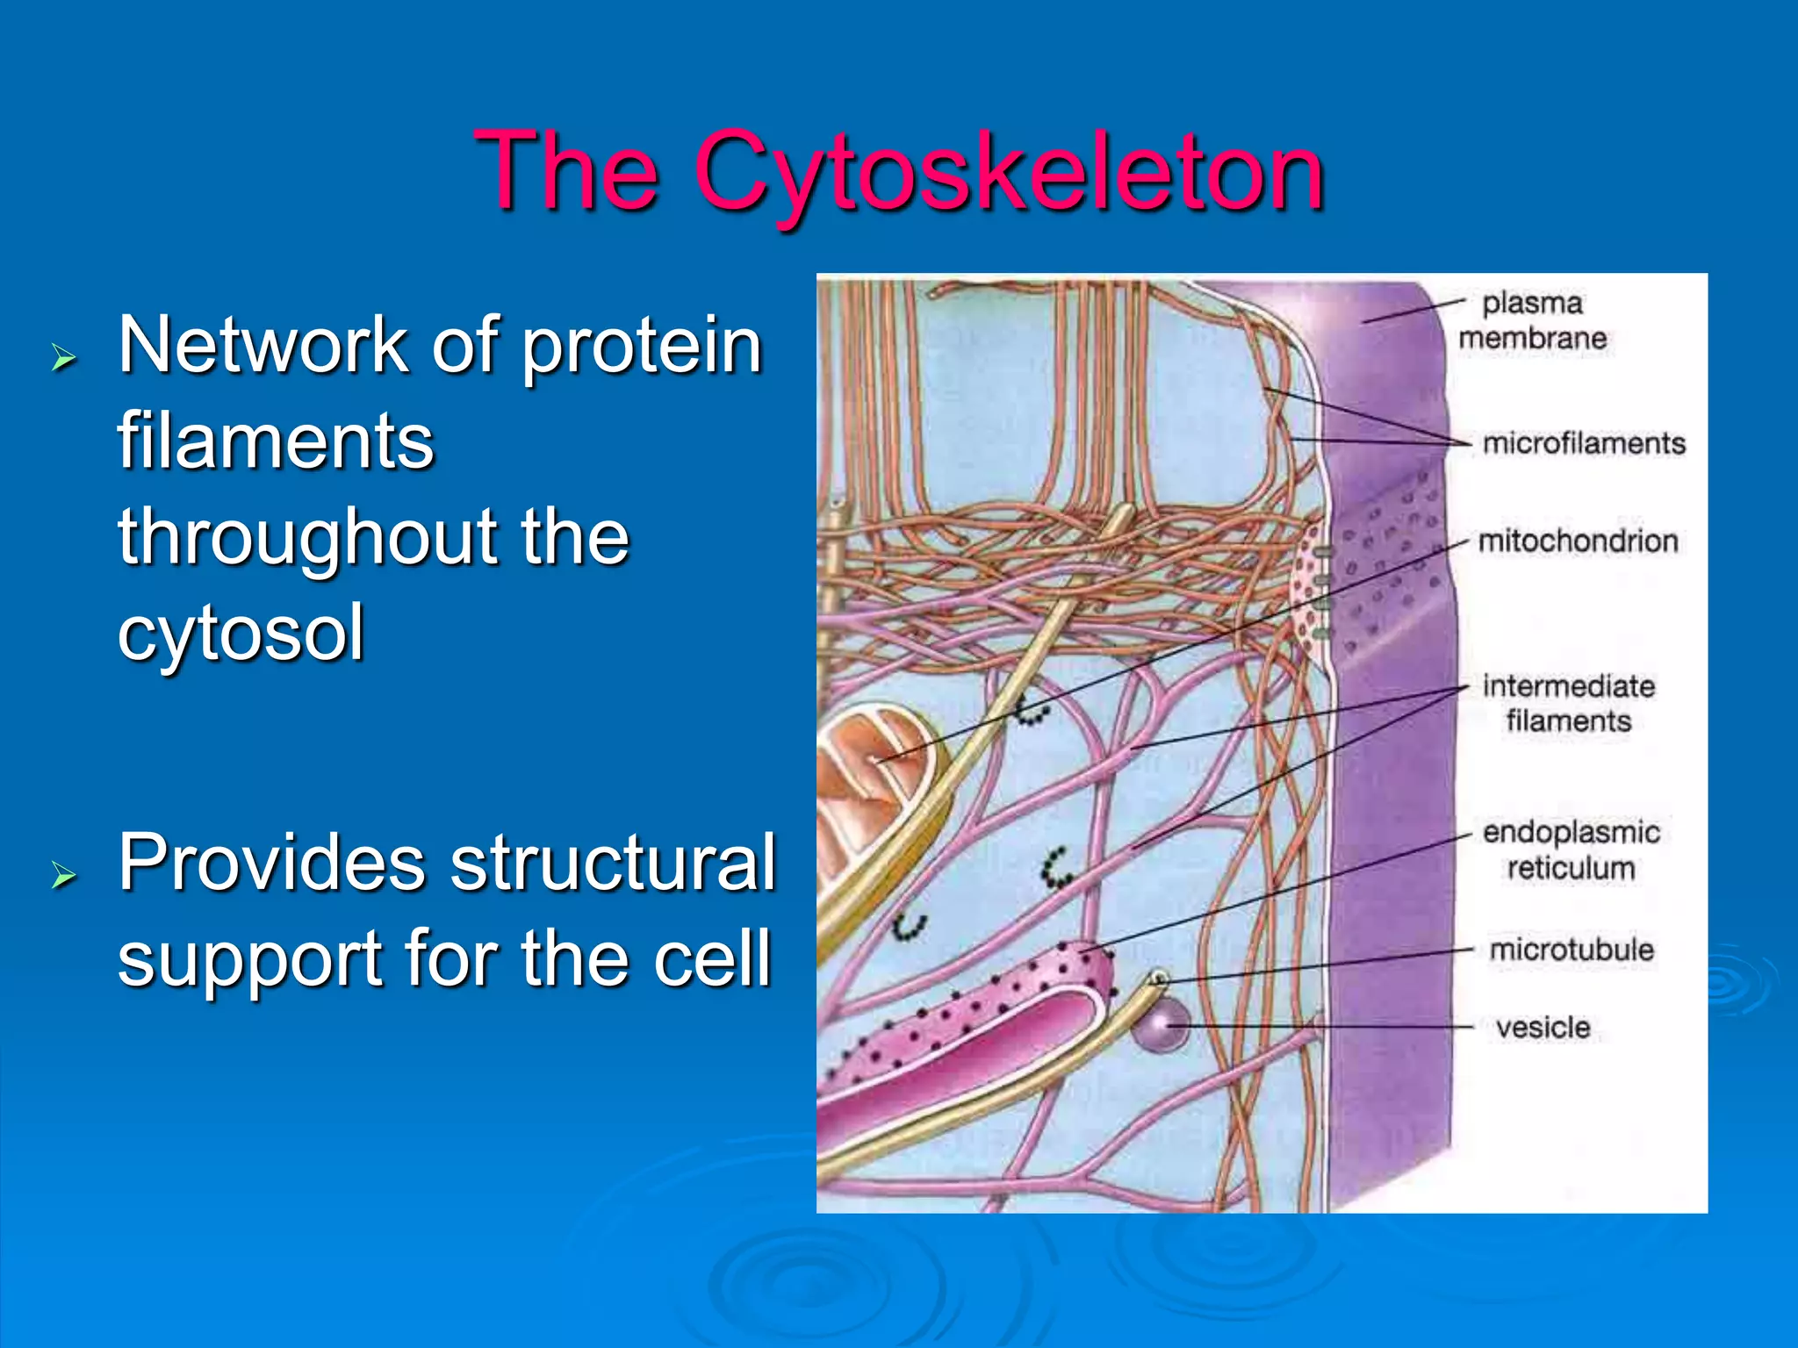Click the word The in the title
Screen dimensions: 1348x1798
click(x=566, y=171)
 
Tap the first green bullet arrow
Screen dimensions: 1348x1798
click(x=64, y=358)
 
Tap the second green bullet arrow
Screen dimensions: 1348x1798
click(x=64, y=875)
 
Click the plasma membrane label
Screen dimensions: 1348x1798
click(x=1532, y=320)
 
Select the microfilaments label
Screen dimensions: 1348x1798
click(x=1584, y=443)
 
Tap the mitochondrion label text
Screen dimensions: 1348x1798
click(x=1578, y=541)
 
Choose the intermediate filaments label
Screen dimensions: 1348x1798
click(x=1568, y=703)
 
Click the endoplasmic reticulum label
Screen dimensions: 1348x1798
click(x=1571, y=850)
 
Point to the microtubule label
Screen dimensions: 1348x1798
click(x=1571, y=950)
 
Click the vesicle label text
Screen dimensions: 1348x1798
click(x=1543, y=1028)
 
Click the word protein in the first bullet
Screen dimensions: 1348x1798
click(x=642, y=345)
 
